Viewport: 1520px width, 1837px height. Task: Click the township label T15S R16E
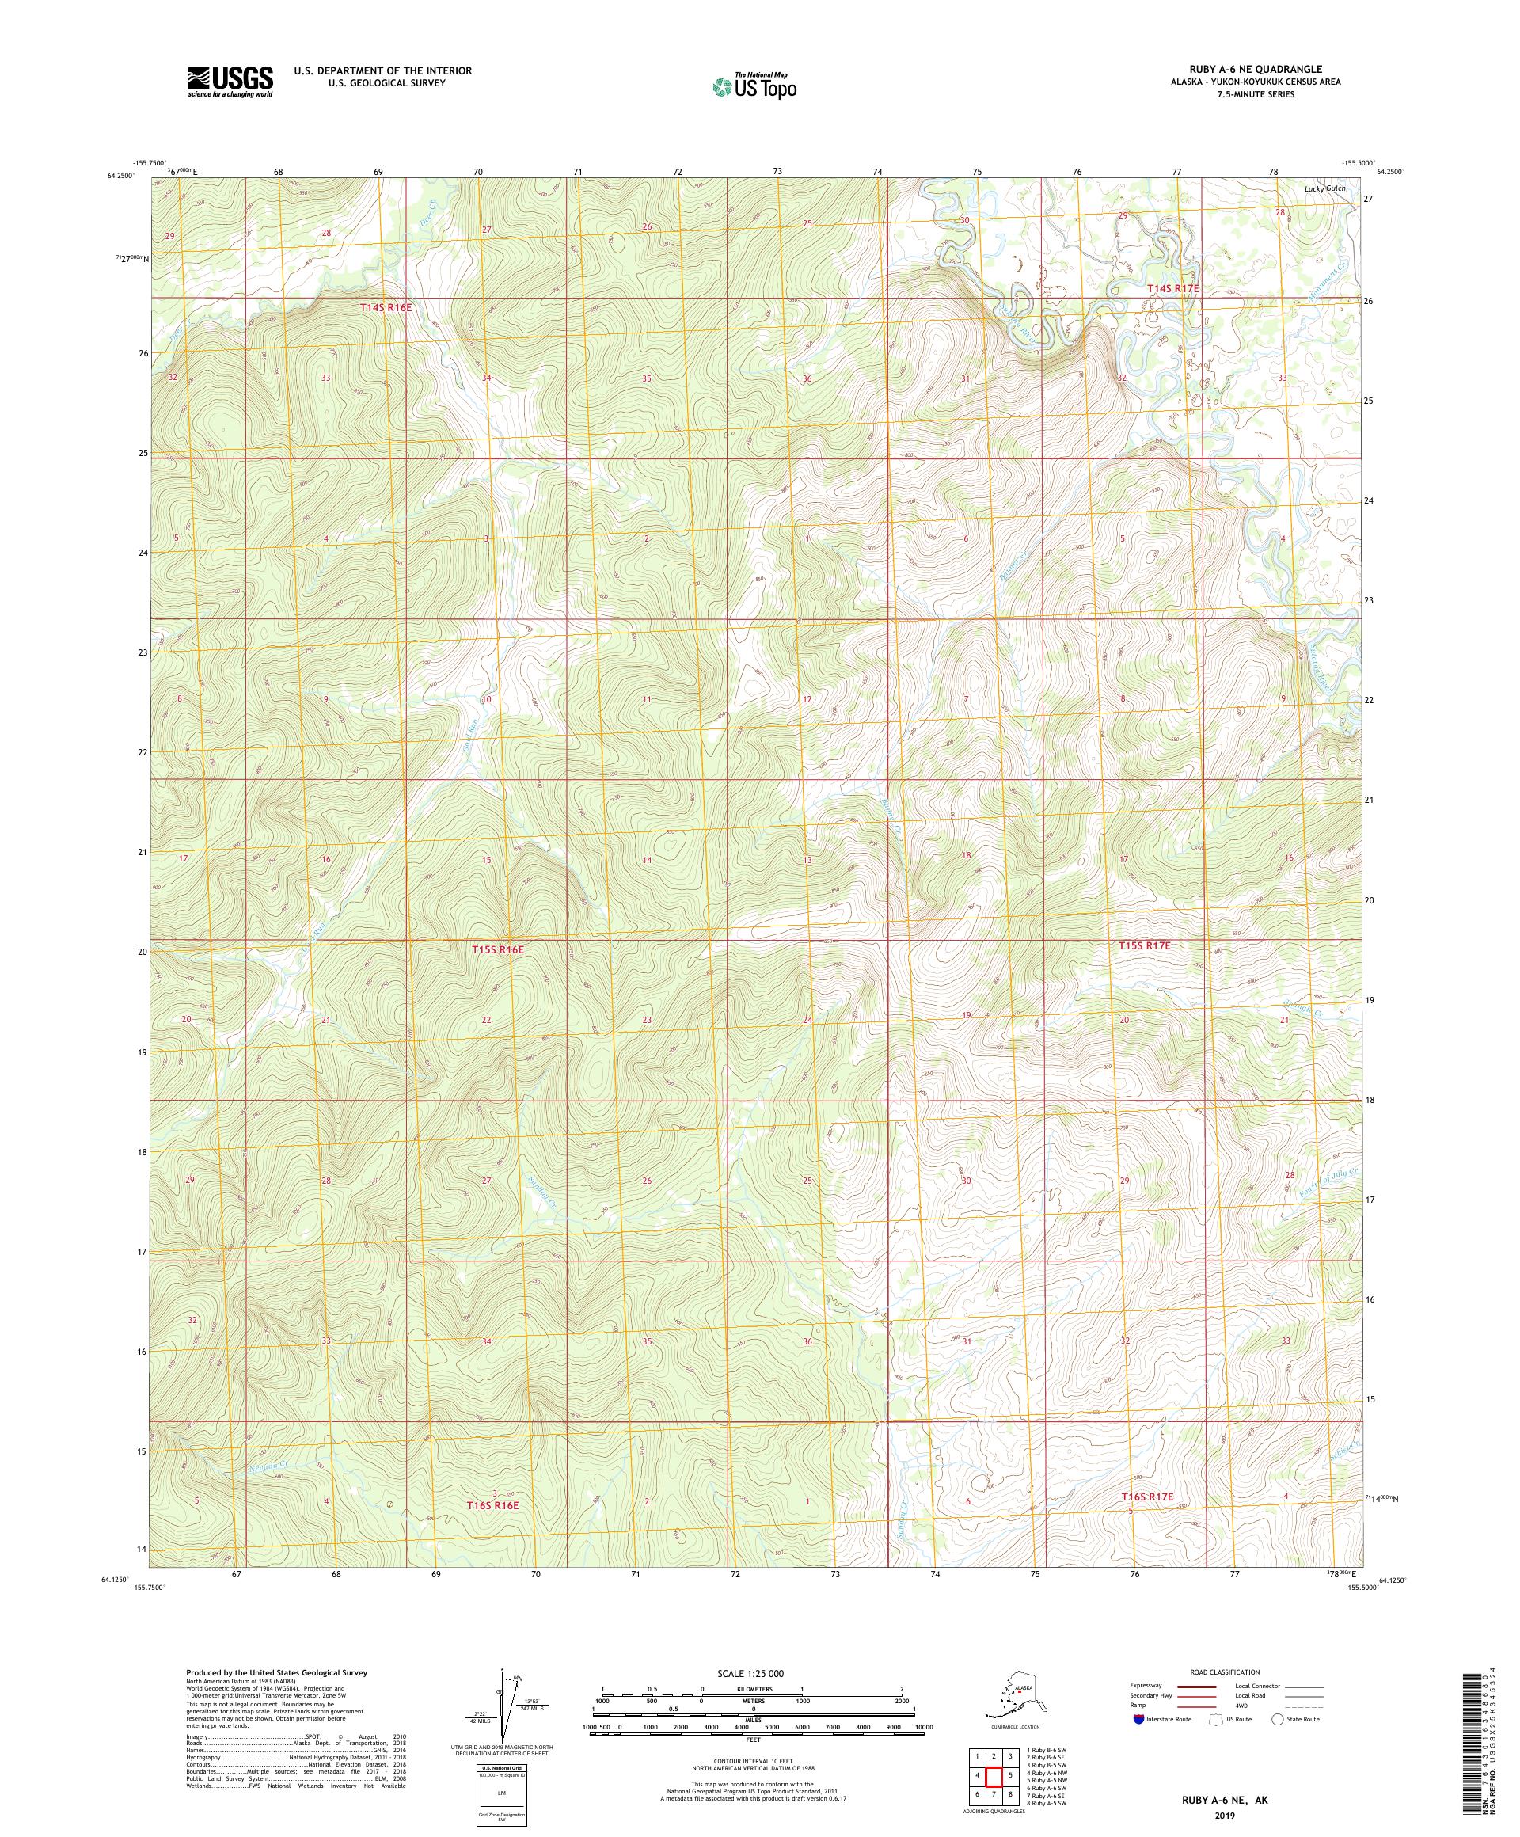(x=498, y=949)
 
